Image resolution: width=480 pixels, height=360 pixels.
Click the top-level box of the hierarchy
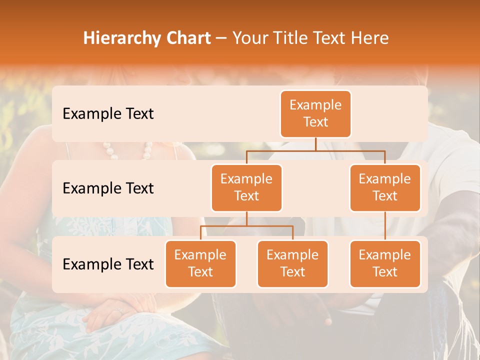click(315, 113)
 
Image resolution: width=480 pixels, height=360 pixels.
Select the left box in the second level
click(246, 187)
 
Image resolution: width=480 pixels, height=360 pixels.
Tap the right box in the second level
click(385, 187)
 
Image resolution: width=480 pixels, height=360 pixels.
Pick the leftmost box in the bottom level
click(200, 263)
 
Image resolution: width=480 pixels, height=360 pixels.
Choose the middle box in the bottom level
click(292, 263)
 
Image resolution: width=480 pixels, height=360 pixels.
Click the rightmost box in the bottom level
click(385, 263)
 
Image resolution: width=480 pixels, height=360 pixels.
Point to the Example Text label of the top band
click(108, 114)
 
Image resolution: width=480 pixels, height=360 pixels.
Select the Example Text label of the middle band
click(108, 188)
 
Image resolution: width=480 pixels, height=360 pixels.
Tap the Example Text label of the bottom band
click(108, 264)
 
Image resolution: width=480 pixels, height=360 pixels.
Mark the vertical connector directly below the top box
click(315, 144)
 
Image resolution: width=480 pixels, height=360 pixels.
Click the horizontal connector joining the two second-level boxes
click(315, 150)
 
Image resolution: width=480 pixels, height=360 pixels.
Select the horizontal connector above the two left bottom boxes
click(246, 226)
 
